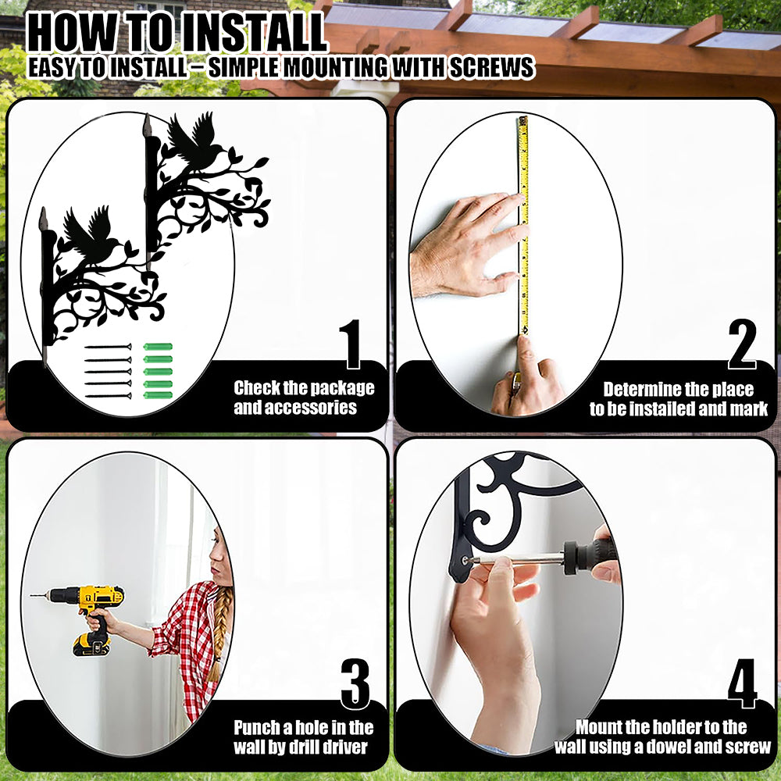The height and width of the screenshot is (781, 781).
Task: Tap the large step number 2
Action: (742, 344)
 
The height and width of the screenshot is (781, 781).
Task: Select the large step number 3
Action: (355, 683)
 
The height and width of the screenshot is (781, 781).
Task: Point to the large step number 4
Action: (742, 683)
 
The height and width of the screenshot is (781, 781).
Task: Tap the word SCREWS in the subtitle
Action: (491, 67)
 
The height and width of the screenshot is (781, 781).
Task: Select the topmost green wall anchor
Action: (158, 347)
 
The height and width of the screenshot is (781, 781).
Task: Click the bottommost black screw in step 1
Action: (108, 396)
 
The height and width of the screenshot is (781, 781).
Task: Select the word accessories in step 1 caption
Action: (295, 408)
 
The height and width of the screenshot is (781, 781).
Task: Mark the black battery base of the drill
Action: (91, 644)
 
